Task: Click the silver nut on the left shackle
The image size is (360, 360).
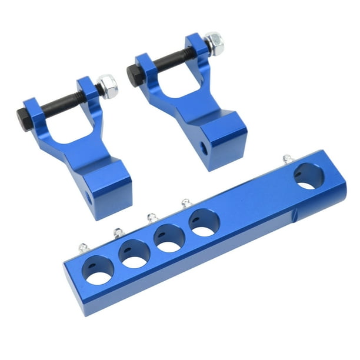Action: coord(108,86)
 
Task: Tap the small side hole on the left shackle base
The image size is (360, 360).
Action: coord(89,196)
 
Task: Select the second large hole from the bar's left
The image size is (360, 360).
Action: coord(134,253)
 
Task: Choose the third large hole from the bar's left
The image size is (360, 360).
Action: coord(169,238)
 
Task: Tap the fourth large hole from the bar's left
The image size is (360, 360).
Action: coord(204,223)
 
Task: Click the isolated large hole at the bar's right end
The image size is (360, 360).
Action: coord(308,176)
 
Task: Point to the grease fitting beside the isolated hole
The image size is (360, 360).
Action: coord(287,159)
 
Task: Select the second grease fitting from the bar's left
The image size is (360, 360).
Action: coord(118,232)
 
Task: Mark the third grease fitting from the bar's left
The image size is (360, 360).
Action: coord(152,217)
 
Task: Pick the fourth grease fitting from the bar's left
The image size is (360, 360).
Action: coord(185,203)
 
